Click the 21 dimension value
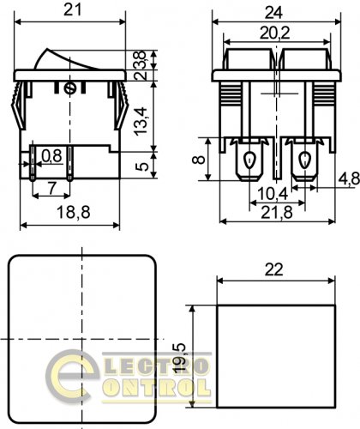pos(72,10)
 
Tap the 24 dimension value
pos(273,13)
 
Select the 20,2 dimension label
pos(274,33)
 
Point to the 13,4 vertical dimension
pos(141,121)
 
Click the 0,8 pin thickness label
pos(51,156)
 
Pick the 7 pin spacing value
pos(51,188)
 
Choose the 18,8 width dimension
pos(74,212)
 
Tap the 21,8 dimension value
pos(277,213)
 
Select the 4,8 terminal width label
pos(349,179)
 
